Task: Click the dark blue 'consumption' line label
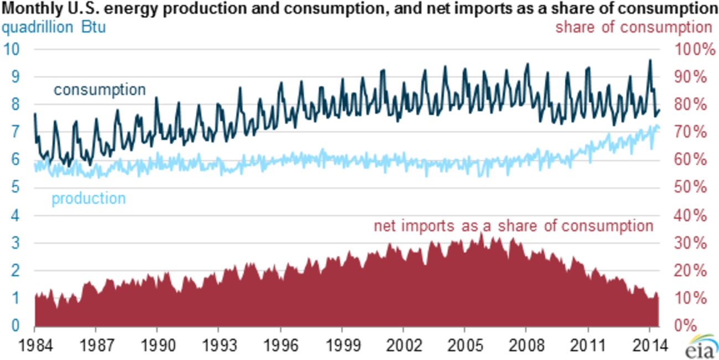100,90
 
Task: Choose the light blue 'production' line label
88,199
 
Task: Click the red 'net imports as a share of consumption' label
513,226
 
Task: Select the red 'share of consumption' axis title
634,27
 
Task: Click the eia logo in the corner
700,348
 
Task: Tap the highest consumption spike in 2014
650,60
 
